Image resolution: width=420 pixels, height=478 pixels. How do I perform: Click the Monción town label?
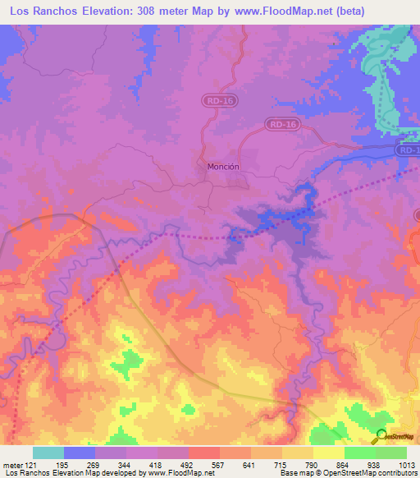223,166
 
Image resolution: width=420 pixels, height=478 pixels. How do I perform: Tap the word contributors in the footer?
399,473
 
